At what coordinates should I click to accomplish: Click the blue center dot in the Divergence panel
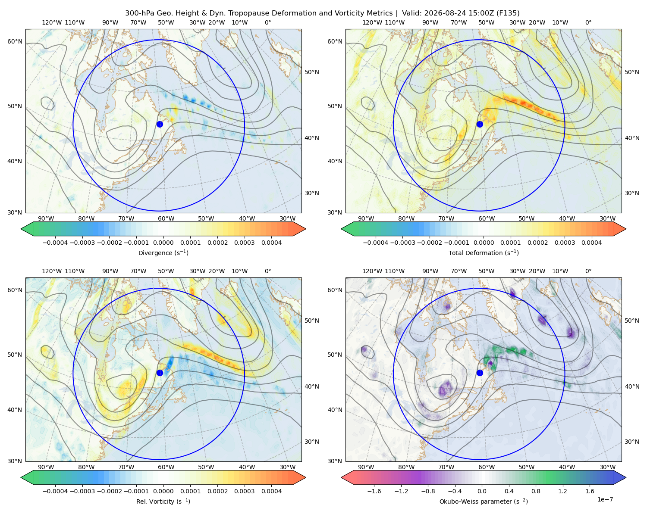point(160,124)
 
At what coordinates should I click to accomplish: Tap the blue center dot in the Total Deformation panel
point(480,124)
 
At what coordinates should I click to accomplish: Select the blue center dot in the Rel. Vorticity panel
point(160,373)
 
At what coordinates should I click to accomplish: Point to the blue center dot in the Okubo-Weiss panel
point(480,373)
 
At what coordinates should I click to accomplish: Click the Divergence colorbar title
point(163,252)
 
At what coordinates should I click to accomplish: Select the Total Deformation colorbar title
point(484,252)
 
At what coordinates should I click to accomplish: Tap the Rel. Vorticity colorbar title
point(163,501)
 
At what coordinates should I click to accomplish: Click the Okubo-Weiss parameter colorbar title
point(484,501)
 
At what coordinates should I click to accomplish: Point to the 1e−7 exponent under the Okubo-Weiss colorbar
point(605,499)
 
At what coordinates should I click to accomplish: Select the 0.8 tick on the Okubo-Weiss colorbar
point(536,491)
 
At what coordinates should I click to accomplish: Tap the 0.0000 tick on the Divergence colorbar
point(163,243)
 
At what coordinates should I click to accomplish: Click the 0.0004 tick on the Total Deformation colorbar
point(591,243)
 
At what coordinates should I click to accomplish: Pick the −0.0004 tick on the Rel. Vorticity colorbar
point(55,491)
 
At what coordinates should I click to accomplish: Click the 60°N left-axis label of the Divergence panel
point(15,41)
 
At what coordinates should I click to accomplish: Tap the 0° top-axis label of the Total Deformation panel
point(588,22)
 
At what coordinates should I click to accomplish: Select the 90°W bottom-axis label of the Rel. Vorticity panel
point(46,467)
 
